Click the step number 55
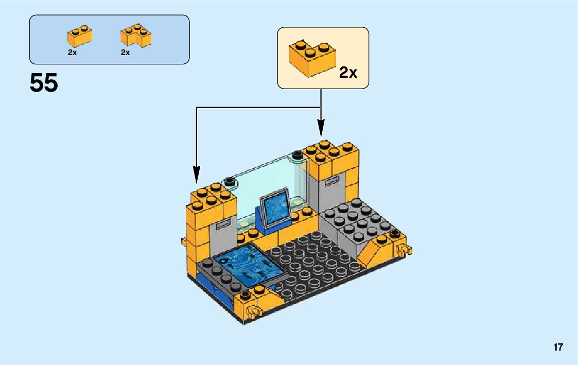(44, 83)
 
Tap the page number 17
(558, 347)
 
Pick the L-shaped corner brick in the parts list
(136, 36)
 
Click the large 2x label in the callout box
(348, 73)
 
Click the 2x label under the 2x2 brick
(72, 53)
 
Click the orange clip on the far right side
(405, 251)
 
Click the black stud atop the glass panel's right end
(296, 154)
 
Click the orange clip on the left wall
(183, 241)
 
